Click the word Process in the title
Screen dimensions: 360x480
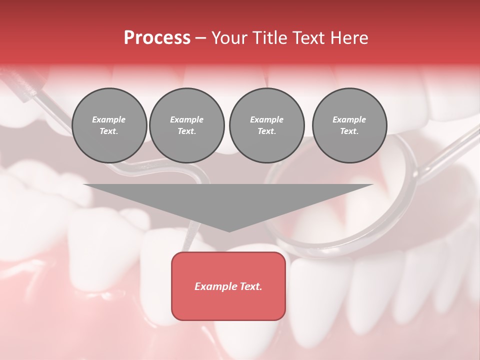157,38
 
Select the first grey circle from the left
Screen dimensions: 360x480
109,125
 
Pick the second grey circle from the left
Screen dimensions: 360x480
187,125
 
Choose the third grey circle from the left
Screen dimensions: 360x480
266,125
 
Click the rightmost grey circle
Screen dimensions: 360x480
349,125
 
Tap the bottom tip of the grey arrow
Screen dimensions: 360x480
229,230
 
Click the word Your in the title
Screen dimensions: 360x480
229,38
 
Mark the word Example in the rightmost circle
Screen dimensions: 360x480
349,119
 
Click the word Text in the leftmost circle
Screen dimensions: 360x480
109,131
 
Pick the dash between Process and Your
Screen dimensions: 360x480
200,38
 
